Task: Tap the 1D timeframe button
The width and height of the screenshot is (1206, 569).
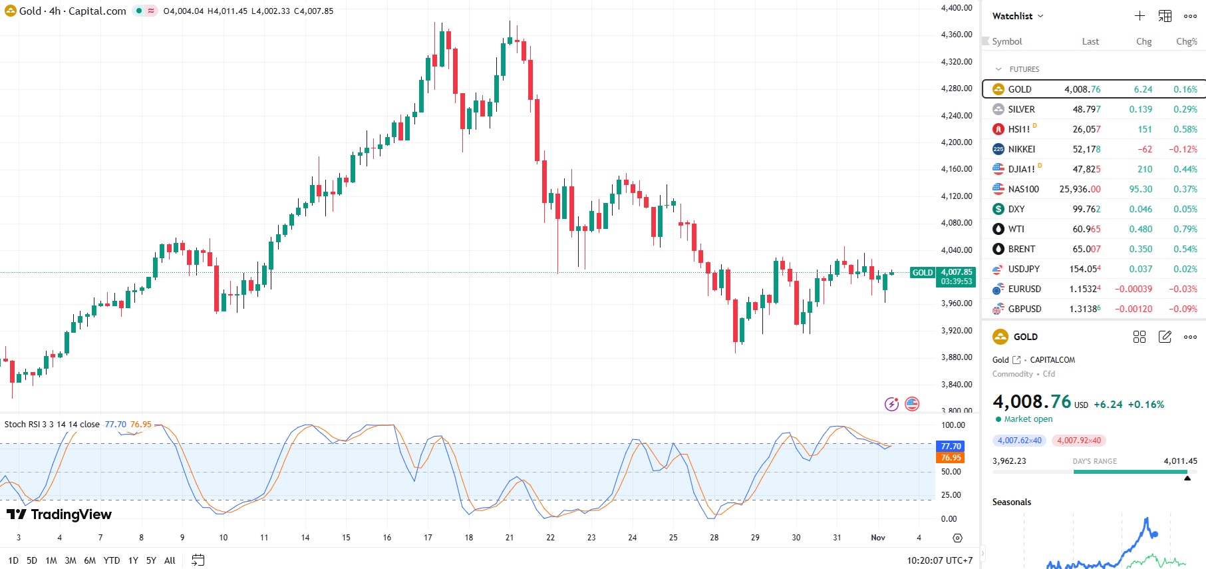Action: click(13, 560)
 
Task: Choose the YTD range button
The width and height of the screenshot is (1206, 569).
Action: click(112, 560)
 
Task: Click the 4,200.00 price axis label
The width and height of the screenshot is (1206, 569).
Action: click(956, 142)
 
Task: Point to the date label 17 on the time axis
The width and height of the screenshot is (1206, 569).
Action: click(428, 538)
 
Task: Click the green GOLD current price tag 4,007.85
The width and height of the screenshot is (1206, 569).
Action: click(956, 272)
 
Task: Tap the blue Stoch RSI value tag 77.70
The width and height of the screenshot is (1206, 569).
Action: click(951, 446)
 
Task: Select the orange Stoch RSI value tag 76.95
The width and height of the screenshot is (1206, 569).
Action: click(951, 457)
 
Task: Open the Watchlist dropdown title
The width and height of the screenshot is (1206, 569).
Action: click(1017, 16)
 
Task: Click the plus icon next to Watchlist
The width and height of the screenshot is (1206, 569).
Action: click(1139, 16)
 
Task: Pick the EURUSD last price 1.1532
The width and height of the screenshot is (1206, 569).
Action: click(1084, 289)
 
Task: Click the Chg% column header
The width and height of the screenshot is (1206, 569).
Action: click(1186, 41)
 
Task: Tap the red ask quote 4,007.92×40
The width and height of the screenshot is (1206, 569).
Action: click(1078, 441)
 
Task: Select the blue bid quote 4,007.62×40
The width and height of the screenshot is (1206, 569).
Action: click(1019, 441)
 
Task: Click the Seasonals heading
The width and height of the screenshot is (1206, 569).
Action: click(1011, 502)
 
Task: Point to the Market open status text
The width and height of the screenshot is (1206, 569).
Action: click(1028, 419)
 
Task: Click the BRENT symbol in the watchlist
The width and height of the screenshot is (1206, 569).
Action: click(1021, 249)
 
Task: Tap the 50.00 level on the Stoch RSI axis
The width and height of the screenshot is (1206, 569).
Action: click(951, 472)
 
